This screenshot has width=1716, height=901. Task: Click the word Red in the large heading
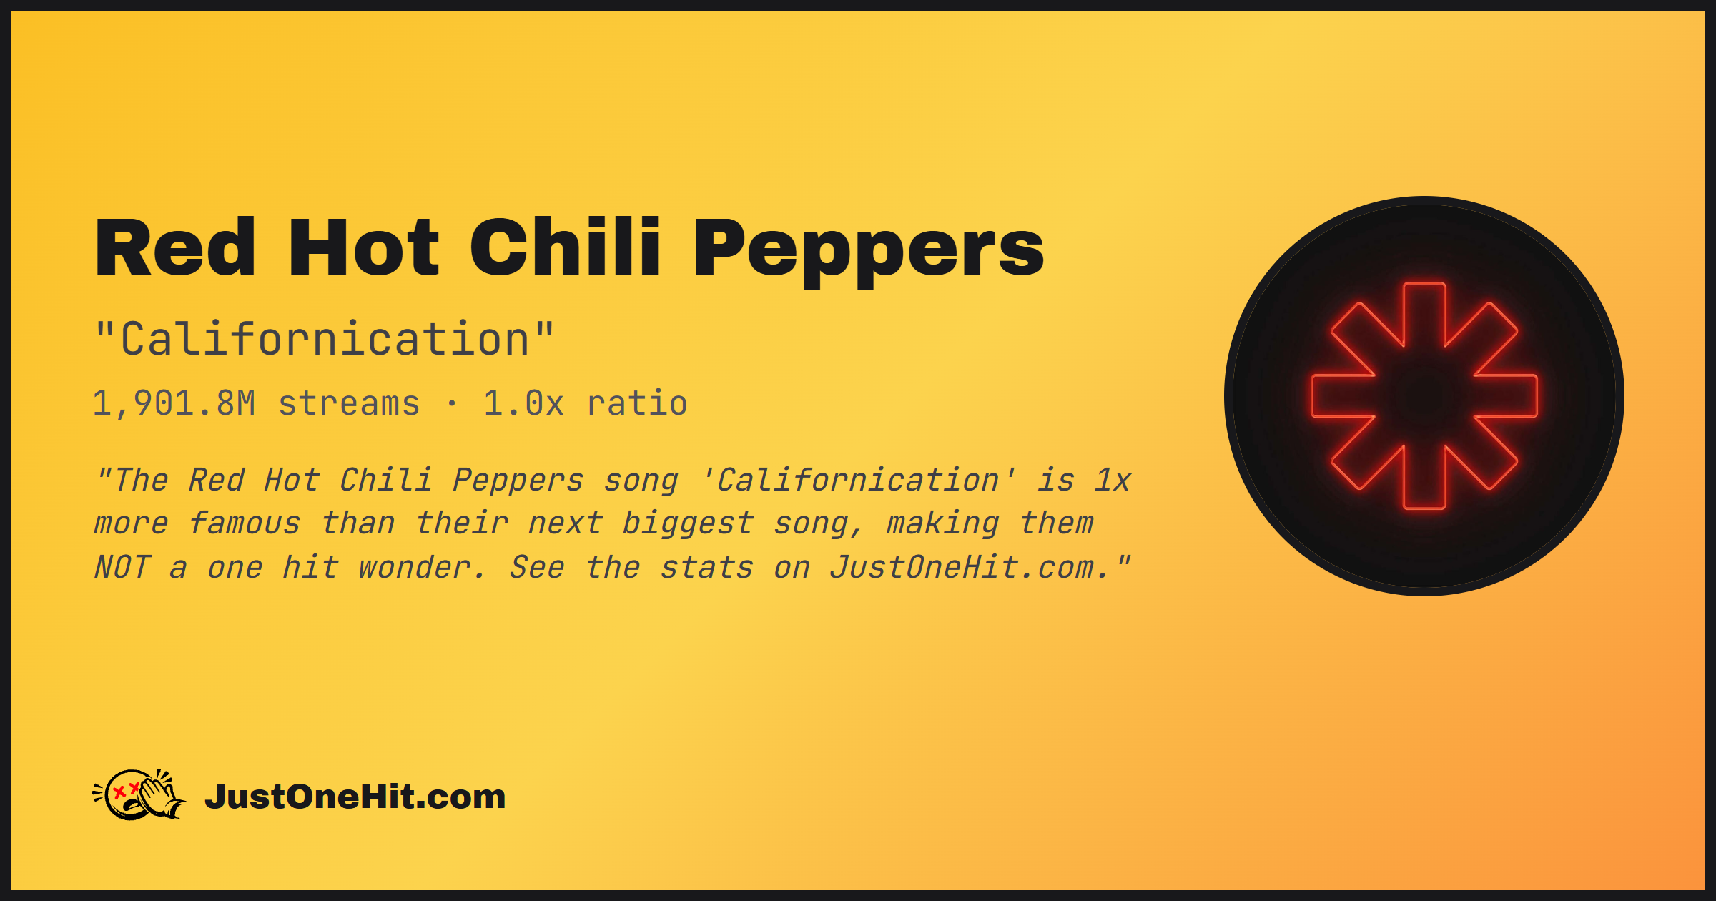pos(175,247)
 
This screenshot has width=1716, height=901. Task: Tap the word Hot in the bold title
pos(363,247)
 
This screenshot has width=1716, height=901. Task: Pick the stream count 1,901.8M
pos(174,403)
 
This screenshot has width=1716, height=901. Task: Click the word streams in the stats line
pos(349,403)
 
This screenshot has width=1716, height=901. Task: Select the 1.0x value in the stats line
pos(523,403)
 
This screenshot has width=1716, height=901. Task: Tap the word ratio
pos(637,403)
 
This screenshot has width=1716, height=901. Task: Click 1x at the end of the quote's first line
pos(1113,480)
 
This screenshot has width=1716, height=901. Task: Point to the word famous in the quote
pos(245,523)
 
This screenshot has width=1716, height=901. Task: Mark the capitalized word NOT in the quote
pos(123,568)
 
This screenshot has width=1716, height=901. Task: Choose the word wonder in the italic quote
pos(421,568)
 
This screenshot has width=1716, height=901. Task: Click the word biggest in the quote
pos(688,524)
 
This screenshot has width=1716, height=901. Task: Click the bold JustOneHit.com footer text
pos(355,797)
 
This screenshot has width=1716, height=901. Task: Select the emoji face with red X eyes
pos(127,794)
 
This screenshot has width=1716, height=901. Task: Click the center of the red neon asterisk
pos(1424,396)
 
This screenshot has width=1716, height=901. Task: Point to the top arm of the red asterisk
pos(1424,315)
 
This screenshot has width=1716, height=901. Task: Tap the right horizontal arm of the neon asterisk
pos(1506,396)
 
